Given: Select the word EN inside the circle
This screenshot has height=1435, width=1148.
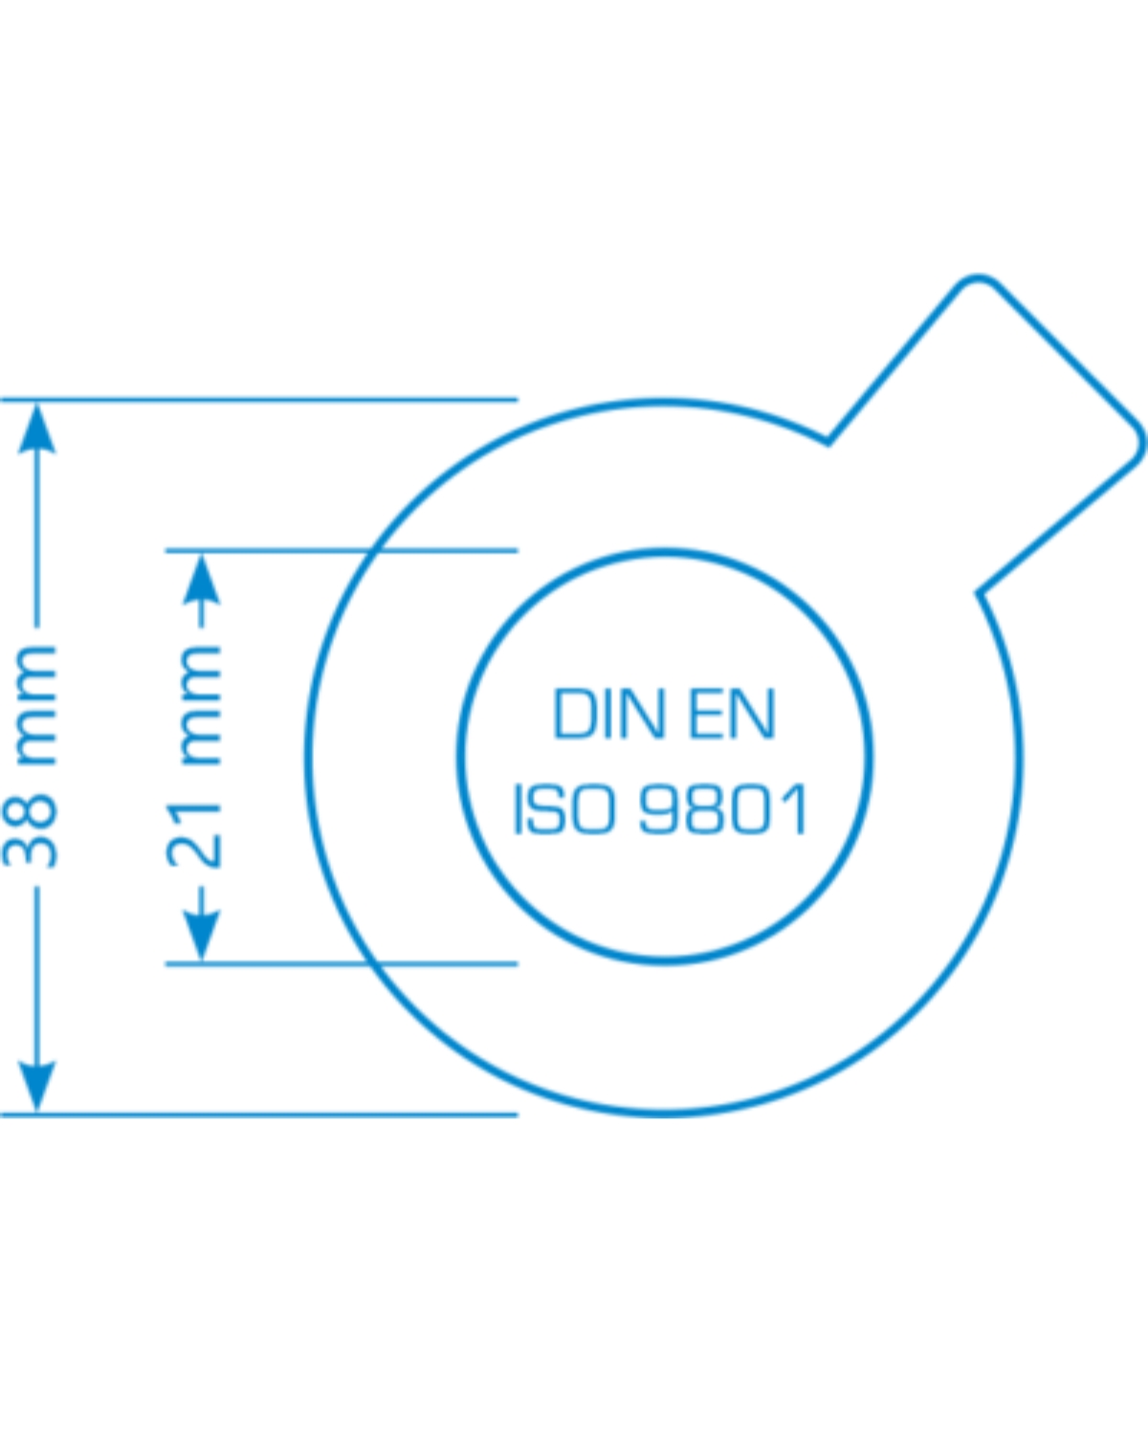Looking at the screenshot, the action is click(733, 714).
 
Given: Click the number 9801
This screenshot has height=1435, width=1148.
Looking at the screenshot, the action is click(723, 808).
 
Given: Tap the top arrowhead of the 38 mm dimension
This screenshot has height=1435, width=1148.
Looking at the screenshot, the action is click(37, 428).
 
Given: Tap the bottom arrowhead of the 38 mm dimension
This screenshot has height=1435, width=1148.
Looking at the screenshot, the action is click(37, 1086).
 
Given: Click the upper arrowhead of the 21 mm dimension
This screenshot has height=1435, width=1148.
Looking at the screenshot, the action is click(202, 578).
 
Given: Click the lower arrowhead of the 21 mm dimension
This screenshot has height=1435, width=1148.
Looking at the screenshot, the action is click(202, 936).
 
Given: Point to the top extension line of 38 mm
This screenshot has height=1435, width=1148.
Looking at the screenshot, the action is click(259, 400).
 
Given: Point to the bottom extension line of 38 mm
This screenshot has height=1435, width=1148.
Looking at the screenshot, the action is click(259, 1115).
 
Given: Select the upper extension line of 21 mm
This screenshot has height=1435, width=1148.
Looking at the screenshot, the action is click(342, 550).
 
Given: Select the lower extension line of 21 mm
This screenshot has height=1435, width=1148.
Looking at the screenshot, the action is click(342, 963).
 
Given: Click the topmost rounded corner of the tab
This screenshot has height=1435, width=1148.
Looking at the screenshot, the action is click(977, 277).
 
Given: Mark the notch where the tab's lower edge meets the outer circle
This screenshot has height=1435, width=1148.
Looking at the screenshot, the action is click(979, 591).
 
